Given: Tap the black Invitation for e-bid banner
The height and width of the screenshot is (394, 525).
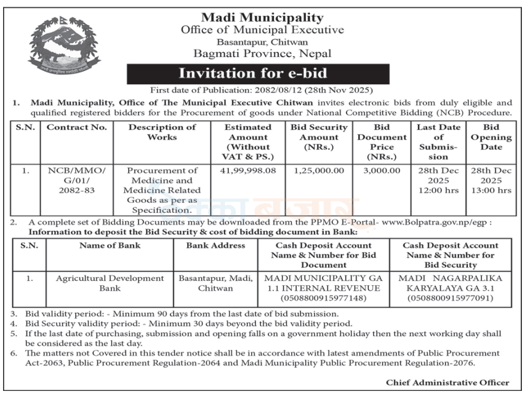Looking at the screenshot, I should click(257, 74).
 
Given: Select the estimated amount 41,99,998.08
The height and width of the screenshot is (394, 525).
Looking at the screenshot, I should click(247, 170).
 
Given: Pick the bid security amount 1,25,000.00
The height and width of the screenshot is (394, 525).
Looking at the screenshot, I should click(319, 170).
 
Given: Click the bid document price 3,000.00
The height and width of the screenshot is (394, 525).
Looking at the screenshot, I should click(382, 170).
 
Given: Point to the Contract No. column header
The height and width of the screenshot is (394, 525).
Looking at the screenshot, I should click(77, 127).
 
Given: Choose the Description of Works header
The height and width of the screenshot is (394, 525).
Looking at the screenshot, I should click(162, 132).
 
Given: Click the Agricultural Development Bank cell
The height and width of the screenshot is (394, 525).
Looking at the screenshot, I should click(110, 283).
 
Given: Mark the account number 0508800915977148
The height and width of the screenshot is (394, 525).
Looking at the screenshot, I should click(324, 298).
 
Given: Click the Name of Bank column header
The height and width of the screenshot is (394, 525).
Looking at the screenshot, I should click(110, 246).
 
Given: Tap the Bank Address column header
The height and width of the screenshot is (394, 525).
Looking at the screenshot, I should click(215, 246).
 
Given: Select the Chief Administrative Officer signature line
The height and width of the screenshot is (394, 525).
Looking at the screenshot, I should click(447, 382).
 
